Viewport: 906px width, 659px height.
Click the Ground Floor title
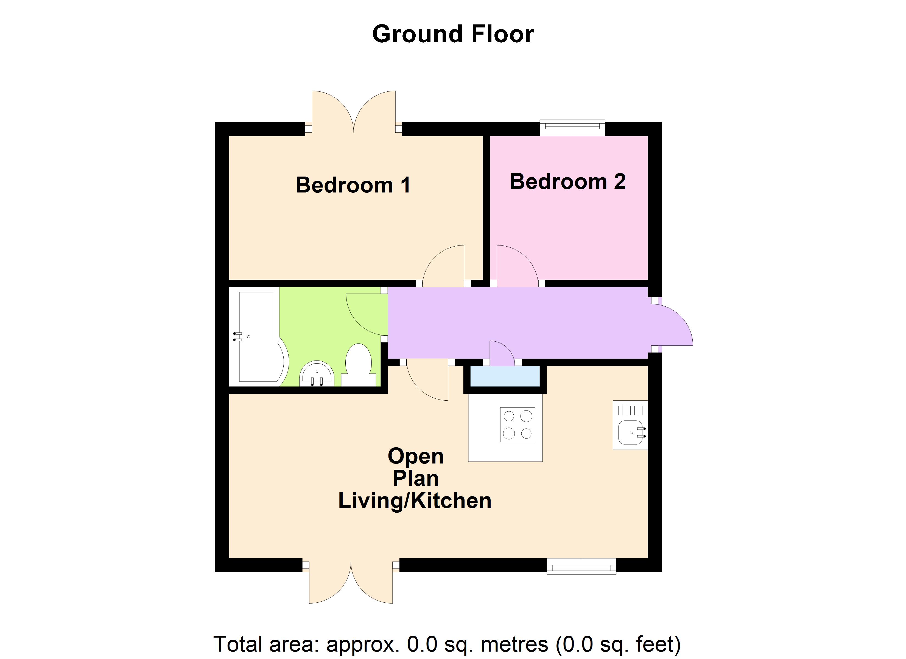(453, 34)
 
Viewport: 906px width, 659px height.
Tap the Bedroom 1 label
(353, 185)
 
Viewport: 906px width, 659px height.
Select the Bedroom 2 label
(567, 181)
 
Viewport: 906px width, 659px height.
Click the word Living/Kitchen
(415, 501)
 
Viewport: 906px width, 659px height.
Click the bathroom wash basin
(317, 375)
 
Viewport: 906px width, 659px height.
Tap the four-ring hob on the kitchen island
(517, 425)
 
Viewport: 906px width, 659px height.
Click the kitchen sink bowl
(630, 433)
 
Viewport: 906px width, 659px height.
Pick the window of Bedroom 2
(572, 127)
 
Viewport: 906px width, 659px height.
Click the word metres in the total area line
(514, 644)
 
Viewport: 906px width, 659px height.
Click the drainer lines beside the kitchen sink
(630, 411)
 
